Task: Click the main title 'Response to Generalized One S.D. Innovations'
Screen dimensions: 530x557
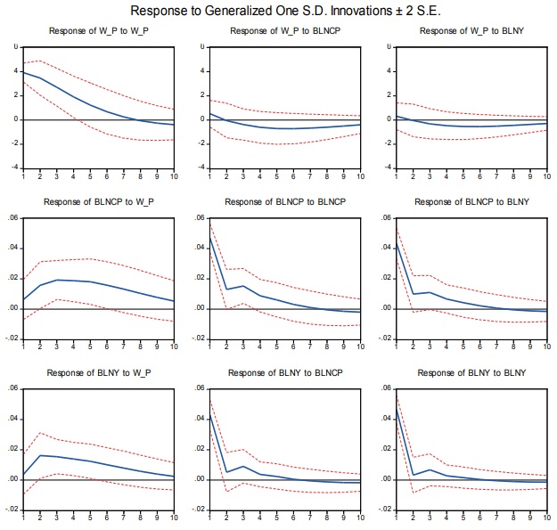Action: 279,12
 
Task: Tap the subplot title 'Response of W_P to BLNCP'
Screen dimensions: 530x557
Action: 283,32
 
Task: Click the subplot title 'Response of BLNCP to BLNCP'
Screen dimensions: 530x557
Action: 283,203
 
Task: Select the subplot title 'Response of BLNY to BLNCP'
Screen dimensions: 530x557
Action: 283,372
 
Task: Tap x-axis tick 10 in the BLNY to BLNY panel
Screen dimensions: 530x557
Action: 545,518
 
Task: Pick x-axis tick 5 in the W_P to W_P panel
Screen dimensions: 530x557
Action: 90,176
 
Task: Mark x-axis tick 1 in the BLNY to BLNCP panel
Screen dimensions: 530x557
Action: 208,518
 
